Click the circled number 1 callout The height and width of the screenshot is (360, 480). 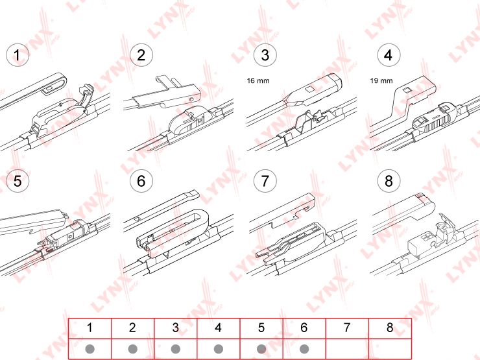(x=18, y=55)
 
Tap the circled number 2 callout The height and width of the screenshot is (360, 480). (x=141, y=55)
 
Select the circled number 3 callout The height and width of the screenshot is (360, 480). (x=265, y=55)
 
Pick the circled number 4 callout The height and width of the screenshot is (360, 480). (x=388, y=55)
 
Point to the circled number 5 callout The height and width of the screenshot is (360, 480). (x=18, y=181)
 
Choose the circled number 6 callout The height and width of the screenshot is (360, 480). (x=141, y=181)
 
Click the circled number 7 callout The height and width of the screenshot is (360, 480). (x=265, y=181)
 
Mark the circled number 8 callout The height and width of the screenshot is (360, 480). (x=388, y=181)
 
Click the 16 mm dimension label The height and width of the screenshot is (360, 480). (x=258, y=81)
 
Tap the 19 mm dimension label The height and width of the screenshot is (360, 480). (x=381, y=81)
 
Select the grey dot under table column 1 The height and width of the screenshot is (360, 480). (x=90, y=348)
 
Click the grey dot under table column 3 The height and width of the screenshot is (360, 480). (x=175, y=348)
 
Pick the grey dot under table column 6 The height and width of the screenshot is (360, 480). (x=304, y=348)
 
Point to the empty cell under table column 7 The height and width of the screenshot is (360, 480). (x=346, y=348)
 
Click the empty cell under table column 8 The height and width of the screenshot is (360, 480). (x=389, y=348)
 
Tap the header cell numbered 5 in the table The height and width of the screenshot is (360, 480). (x=261, y=328)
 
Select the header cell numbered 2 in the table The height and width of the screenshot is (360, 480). (x=132, y=328)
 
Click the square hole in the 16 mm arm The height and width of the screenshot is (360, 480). (x=310, y=89)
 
